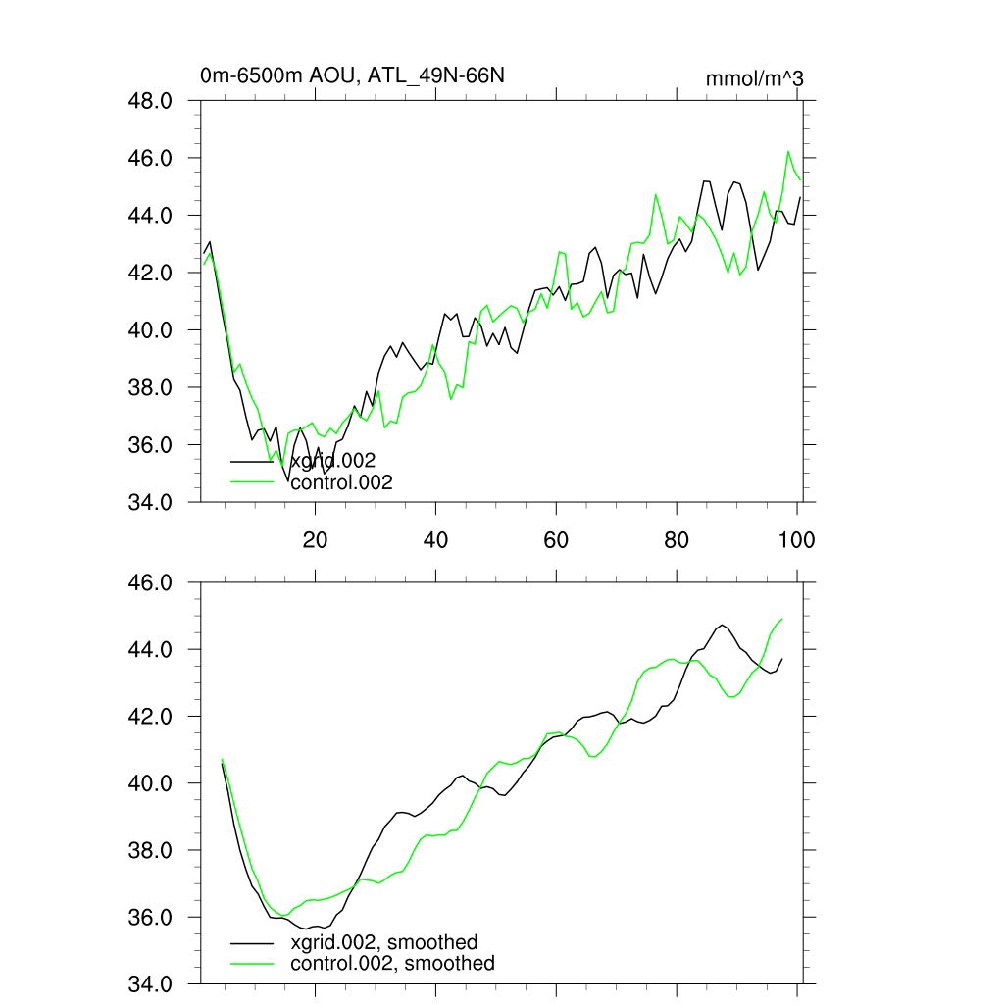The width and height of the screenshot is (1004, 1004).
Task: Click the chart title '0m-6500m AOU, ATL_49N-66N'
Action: point(352,76)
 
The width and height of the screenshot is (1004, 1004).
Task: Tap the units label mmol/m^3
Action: point(754,78)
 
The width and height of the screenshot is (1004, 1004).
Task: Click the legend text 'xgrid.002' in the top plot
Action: point(333,461)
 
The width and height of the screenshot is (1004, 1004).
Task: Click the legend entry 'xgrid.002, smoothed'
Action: point(384,942)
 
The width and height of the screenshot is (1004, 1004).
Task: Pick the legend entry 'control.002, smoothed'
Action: point(392,964)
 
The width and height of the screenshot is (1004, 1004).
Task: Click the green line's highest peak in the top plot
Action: point(788,151)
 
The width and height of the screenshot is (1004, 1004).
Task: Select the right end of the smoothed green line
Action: point(782,619)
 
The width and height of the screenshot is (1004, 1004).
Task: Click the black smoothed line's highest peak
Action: point(723,625)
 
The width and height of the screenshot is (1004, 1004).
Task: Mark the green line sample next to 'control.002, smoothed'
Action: point(252,964)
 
